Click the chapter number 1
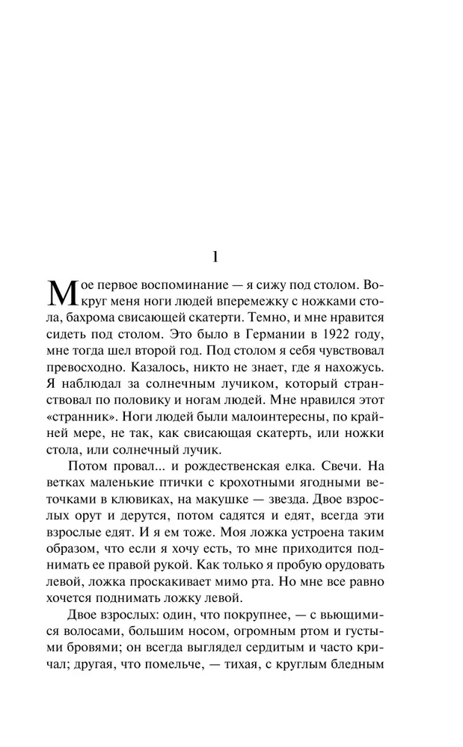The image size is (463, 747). pos(215,256)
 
